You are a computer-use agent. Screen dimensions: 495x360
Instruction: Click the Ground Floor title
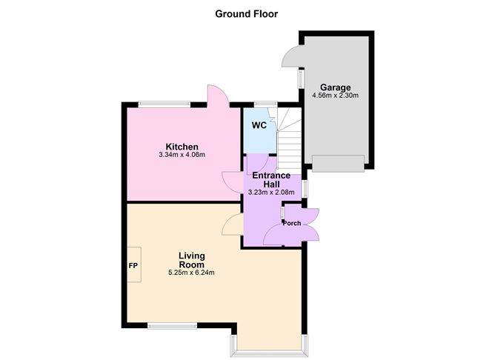point(246,14)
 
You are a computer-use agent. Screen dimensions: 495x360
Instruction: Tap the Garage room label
point(335,87)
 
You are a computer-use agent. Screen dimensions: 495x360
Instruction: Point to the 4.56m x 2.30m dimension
point(335,95)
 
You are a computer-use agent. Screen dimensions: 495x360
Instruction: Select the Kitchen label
point(182,147)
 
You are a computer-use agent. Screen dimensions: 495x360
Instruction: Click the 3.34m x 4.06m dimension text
point(182,155)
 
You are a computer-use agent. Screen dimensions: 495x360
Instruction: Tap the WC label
point(259,125)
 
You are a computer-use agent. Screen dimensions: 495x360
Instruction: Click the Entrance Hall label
point(271,179)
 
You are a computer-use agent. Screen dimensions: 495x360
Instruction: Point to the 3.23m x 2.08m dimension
point(271,192)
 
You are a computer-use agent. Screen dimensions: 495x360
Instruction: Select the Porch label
point(292,223)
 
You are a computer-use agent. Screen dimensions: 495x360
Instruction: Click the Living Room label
point(192,260)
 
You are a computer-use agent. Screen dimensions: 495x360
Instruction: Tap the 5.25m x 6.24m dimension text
point(192,273)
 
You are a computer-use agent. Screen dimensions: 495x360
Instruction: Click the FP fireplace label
point(133,266)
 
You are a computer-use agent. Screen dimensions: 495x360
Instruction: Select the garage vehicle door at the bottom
point(338,163)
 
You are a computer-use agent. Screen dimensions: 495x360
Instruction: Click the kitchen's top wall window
point(165,104)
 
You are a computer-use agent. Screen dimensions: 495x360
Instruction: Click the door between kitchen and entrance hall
point(233,181)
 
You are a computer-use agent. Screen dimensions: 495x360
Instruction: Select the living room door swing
point(233,224)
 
